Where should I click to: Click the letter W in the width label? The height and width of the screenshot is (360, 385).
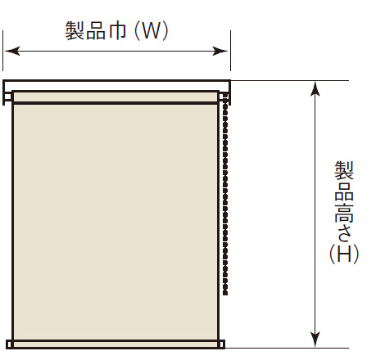coord(152,31)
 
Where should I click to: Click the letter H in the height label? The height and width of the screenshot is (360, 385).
coord(344,254)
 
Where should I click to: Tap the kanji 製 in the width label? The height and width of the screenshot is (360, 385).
coord(75,31)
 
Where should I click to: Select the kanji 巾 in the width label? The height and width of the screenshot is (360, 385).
coord(117,31)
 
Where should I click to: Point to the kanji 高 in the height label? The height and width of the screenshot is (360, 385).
coord(344,212)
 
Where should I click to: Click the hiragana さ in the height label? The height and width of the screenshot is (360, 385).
coord(344,233)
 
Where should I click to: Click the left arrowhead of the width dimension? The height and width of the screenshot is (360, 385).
coord(12,51)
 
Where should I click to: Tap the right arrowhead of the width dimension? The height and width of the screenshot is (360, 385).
coord(220,51)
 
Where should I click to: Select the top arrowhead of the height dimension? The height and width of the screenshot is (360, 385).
coord(315,88)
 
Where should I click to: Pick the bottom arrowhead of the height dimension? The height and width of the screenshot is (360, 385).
coord(315,340)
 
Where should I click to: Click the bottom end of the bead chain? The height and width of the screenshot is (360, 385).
coord(225,294)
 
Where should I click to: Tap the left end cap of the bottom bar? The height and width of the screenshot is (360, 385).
coord(10,344)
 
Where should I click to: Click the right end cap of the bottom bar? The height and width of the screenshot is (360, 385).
coord(222,344)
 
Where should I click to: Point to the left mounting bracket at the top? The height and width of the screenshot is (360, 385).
coord(7,97)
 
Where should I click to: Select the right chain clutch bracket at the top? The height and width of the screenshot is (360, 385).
coord(224,97)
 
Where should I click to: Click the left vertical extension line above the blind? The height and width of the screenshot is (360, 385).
coord(3,51)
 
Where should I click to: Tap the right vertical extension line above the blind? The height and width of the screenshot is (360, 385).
coord(231,51)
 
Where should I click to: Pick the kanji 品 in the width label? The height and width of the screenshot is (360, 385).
coord(96,31)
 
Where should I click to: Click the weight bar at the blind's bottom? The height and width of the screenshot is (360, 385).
coord(115,344)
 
